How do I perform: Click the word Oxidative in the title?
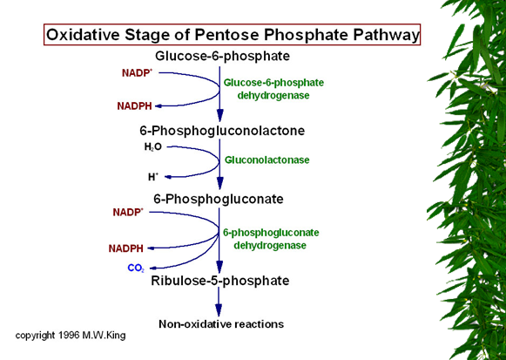tap(84, 35)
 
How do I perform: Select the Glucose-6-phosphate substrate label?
tap(222, 56)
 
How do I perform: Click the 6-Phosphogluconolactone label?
tap(222, 131)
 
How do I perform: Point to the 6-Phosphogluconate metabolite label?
tap(218, 199)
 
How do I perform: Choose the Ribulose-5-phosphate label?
tap(219, 281)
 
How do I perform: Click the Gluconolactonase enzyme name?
tap(266, 160)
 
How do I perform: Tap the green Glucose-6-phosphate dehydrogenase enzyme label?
tap(273, 89)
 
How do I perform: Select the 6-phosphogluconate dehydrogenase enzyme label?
tap(271, 239)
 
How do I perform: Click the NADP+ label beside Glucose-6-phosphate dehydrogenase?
tap(137, 73)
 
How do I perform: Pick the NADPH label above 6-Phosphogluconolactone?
tap(134, 105)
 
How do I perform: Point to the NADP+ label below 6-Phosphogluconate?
tap(128, 212)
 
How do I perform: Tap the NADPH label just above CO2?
tap(126, 248)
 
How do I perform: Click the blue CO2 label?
tap(136, 268)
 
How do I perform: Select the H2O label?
tap(153, 147)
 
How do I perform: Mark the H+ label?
tap(153, 177)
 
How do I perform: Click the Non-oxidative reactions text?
tap(221, 324)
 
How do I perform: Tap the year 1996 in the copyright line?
tap(69, 335)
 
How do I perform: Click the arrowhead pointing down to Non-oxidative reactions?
tap(219, 309)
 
